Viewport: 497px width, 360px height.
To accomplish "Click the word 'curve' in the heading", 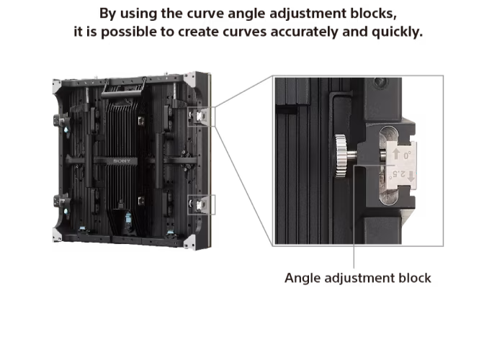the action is point(205,13).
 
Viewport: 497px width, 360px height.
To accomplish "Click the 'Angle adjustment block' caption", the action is point(357,278).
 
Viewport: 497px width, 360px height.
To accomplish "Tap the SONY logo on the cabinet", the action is point(122,161).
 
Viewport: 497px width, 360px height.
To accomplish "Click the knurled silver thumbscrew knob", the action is point(341,156).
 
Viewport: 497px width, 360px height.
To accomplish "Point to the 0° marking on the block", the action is point(407,155).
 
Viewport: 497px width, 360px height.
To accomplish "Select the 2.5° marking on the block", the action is point(399,174).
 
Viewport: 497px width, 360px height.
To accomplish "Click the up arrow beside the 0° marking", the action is point(396,154).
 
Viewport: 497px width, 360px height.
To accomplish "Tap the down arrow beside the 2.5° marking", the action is point(411,176).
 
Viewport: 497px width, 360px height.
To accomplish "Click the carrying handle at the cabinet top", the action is point(124,89).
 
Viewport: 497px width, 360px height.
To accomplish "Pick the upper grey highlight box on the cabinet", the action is point(201,117).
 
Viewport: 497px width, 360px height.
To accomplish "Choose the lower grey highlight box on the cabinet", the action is point(201,204).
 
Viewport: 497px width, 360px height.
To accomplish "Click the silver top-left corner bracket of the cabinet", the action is point(57,86).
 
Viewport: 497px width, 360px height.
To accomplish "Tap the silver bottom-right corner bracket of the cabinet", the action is point(189,242).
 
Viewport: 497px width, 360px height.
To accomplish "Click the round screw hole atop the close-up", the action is point(380,82).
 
